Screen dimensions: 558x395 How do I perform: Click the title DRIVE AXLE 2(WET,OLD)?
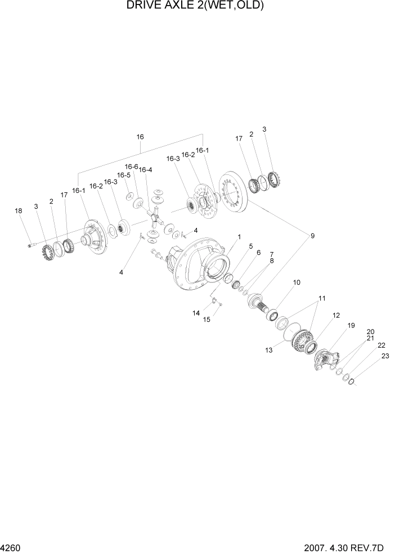[196, 6]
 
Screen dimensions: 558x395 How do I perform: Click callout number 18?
[18, 211]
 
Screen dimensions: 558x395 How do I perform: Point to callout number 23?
[385, 356]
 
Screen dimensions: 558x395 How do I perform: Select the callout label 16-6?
[131, 166]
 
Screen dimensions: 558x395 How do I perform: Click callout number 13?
[269, 350]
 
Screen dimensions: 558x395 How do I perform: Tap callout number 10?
[297, 282]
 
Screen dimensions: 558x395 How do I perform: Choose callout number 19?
[351, 325]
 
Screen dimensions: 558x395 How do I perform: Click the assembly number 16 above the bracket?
[140, 137]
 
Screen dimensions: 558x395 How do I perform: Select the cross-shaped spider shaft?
[153, 214]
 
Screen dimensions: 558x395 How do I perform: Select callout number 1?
[239, 237]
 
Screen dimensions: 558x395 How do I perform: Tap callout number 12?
[336, 316]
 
